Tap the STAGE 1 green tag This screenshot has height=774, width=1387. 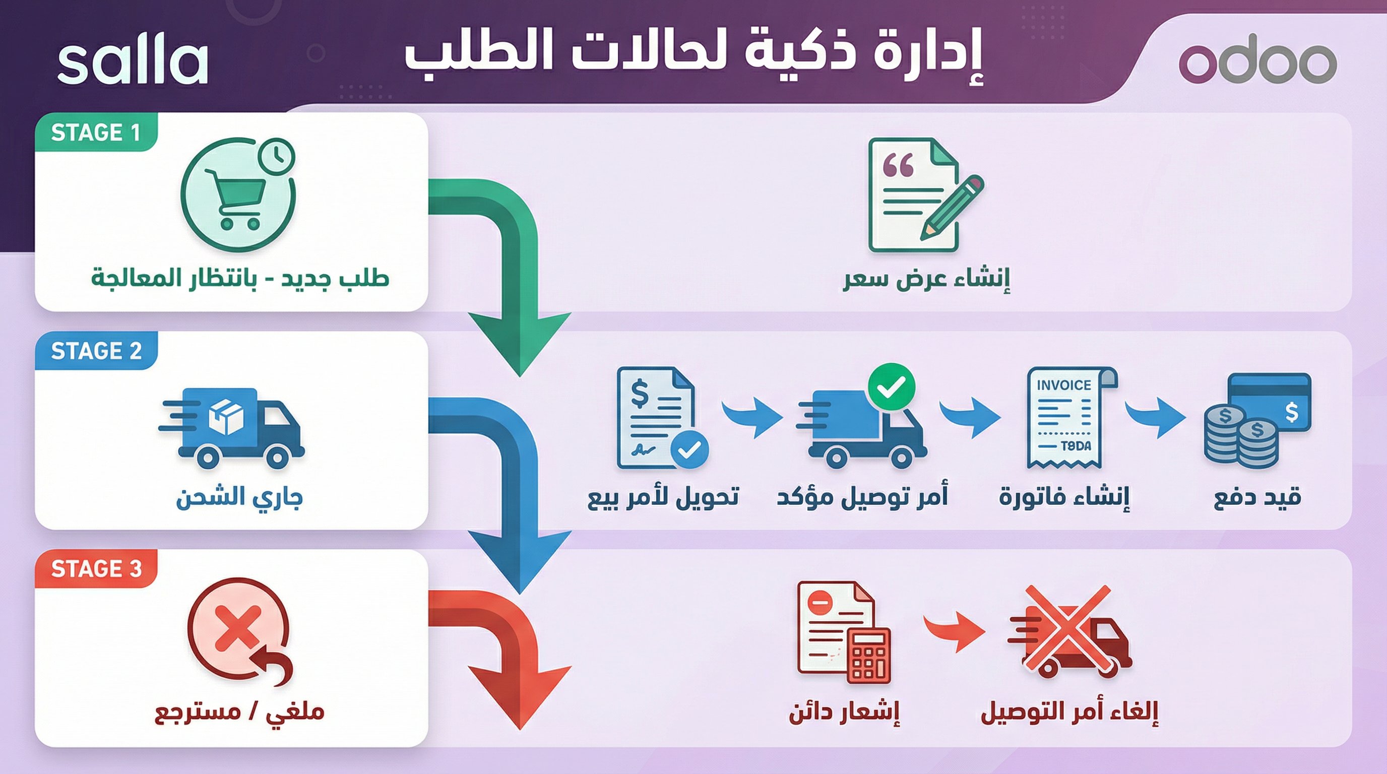[96, 133]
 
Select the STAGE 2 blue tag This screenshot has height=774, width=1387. [96, 351]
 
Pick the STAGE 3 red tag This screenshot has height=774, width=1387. [96, 569]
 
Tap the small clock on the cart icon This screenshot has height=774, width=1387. [277, 157]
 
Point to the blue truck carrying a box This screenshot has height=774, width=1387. [231, 427]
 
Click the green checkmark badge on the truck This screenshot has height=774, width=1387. [892, 386]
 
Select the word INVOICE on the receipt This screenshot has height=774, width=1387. [1064, 385]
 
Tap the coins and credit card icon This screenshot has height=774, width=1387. [1257, 420]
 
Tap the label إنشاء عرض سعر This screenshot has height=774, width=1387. [926, 279]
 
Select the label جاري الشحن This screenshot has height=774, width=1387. [239, 497]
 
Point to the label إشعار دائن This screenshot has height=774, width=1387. [844, 712]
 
